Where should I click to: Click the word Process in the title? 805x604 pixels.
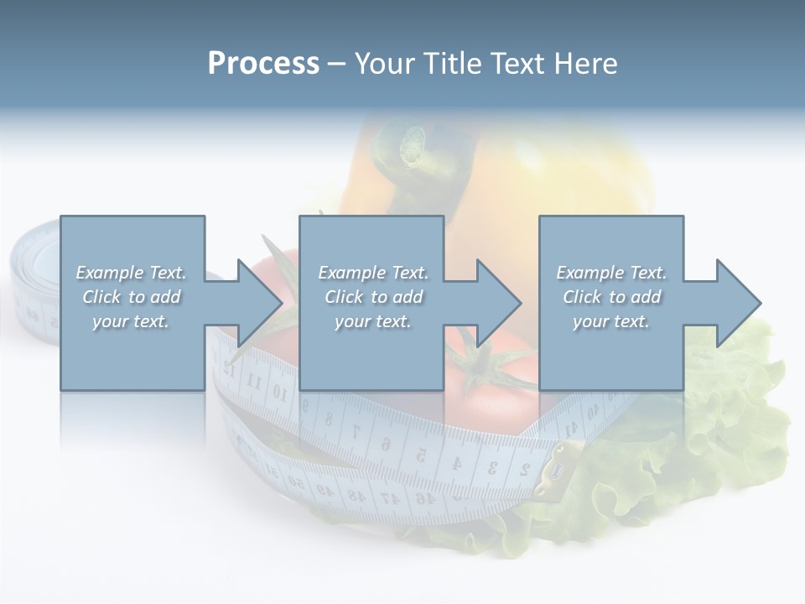263,64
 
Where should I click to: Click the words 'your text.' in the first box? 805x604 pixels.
131,321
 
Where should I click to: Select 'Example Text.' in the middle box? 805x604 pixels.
373,273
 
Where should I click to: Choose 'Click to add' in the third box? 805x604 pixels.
612,297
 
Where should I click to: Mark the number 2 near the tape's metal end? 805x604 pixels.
523,468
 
